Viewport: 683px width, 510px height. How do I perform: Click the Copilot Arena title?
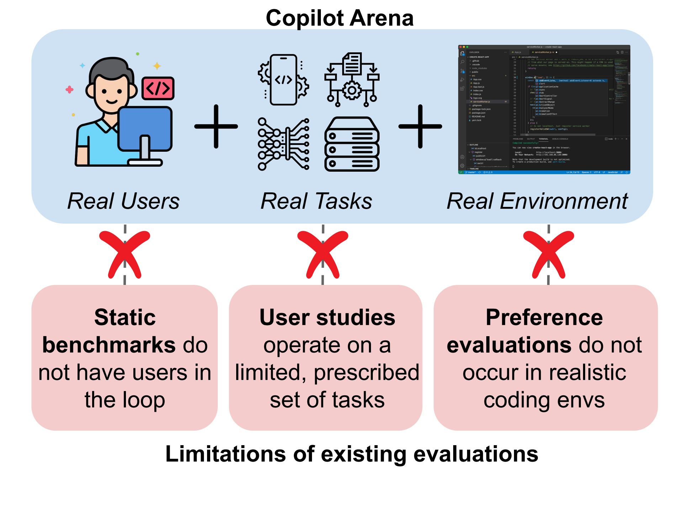[x=339, y=18]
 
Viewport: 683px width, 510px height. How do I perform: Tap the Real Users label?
[x=123, y=201]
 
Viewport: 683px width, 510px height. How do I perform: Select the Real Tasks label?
[x=316, y=201]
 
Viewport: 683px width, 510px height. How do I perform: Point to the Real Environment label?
[x=537, y=201]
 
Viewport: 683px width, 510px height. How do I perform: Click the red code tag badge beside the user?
[x=158, y=88]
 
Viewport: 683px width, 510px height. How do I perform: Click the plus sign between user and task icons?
[x=216, y=126]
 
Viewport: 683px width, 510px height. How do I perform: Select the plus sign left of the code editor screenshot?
[x=420, y=126]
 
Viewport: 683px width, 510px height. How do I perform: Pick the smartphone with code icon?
[x=283, y=80]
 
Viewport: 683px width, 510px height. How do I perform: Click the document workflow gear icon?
[x=352, y=80]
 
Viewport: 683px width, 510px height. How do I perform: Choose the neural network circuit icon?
[x=283, y=144]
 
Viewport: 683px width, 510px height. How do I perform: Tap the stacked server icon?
[x=352, y=144]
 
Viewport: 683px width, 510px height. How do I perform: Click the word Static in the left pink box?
[x=125, y=317]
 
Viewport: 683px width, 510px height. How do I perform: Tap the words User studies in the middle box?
[x=327, y=317]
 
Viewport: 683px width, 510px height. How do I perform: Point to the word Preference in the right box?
[x=544, y=317]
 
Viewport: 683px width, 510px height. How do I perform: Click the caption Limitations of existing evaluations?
[x=352, y=454]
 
